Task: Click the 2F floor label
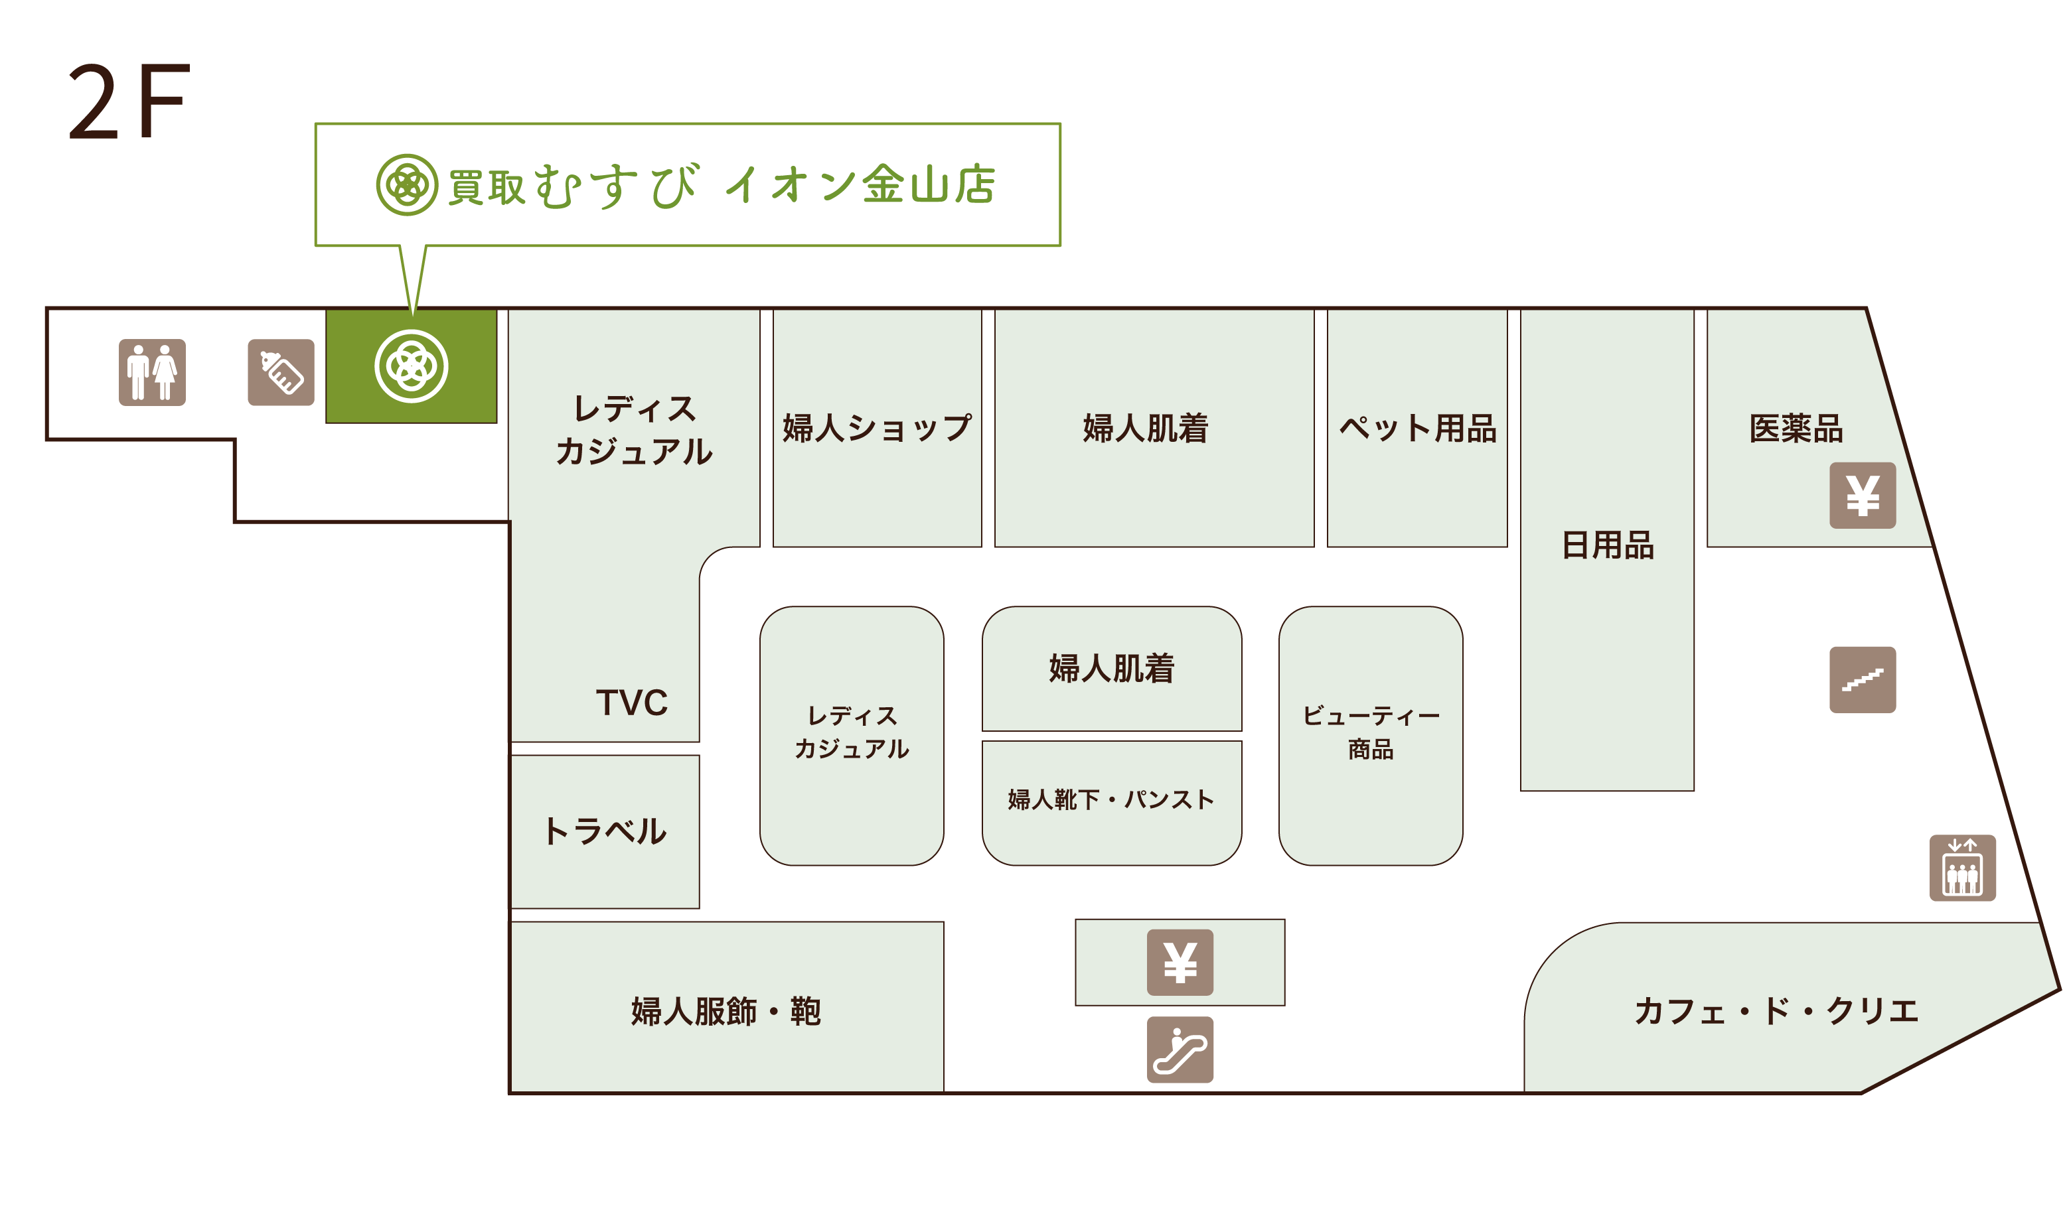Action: (129, 101)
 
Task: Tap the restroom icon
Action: (152, 372)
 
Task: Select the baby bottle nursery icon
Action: (281, 372)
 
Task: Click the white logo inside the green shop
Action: (412, 366)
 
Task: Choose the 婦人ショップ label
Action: (876, 429)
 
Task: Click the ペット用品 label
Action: (1417, 429)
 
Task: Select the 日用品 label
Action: (1607, 545)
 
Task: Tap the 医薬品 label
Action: (1796, 429)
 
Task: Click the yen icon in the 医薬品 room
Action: (1862, 496)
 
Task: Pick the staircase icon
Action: (1862, 679)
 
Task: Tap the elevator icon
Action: (1961, 868)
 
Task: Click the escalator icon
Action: (1179, 1050)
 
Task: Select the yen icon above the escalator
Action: (1179, 962)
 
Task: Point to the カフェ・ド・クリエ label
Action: (1776, 1011)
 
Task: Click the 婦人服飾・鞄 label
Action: (726, 1011)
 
